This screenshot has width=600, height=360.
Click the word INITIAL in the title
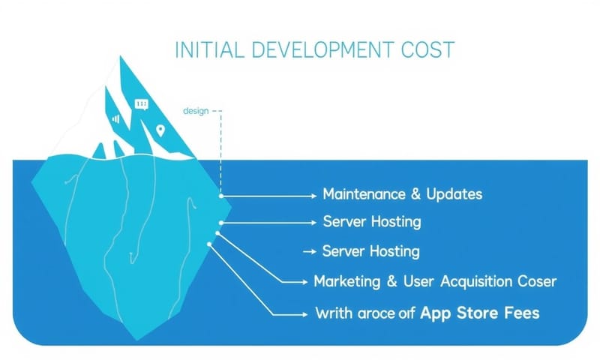click(x=210, y=49)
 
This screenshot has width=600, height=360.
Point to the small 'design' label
click(x=196, y=111)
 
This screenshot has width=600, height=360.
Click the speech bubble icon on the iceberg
click(x=142, y=104)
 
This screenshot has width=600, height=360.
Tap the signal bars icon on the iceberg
click(x=116, y=118)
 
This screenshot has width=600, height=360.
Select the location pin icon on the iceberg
click(x=160, y=130)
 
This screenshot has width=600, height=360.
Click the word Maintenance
click(x=364, y=194)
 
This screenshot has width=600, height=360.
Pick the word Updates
click(x=454, y=194)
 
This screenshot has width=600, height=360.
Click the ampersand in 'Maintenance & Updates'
click(x=415, y=194)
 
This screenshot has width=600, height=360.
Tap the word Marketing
click(x=347, y=281)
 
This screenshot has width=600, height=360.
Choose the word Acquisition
click(x=476, y=281)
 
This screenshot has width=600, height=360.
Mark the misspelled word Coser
click(x=537, y=281)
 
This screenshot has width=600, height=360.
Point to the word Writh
click(x=334, y=313)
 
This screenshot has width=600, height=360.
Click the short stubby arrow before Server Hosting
click(x=310, y=252)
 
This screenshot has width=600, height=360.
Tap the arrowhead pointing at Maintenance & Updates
click(x=314, y=196)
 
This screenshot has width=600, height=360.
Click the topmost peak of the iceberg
click(x=121, y=56)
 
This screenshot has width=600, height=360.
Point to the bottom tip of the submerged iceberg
click(x=137, y=340)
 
